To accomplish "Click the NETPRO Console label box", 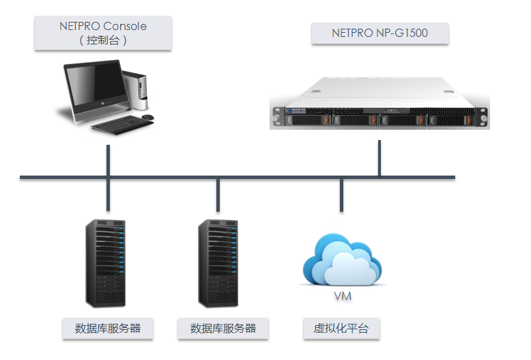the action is click(x=103, y=33).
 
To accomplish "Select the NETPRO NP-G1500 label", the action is click(x=380, y=33).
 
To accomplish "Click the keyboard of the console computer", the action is click(x=123, y=125).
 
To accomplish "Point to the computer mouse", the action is click(x=147, y=117).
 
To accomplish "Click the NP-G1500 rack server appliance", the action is click(x=379, y=103).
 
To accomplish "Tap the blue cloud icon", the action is click(x=342, y=259).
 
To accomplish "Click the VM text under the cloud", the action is click(x=343, y=296).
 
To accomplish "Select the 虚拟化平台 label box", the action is click(x=341, y=328).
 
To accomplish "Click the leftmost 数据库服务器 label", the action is click(x=108, y=328).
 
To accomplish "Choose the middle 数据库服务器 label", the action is click(x=223, y=328).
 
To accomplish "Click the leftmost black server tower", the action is click(x=105, y=264).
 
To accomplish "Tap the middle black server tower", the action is click(x=218, y=264).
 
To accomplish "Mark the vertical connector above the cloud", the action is click(x=341, y=195).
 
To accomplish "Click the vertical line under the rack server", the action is click(x=379, y=158).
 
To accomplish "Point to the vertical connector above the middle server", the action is click(x=218, y=195).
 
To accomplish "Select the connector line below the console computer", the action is click(x=108, y=178).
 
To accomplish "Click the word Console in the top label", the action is click(x=125, y=26).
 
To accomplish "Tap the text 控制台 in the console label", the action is click(x=103, y=40).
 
